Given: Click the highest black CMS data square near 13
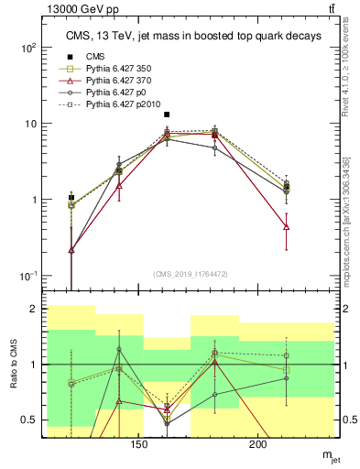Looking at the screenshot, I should [166, 115].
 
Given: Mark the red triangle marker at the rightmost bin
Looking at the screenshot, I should [287, 226].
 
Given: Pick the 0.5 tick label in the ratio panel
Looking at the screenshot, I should [30, 420].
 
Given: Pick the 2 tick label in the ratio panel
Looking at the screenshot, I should [34, 310].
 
